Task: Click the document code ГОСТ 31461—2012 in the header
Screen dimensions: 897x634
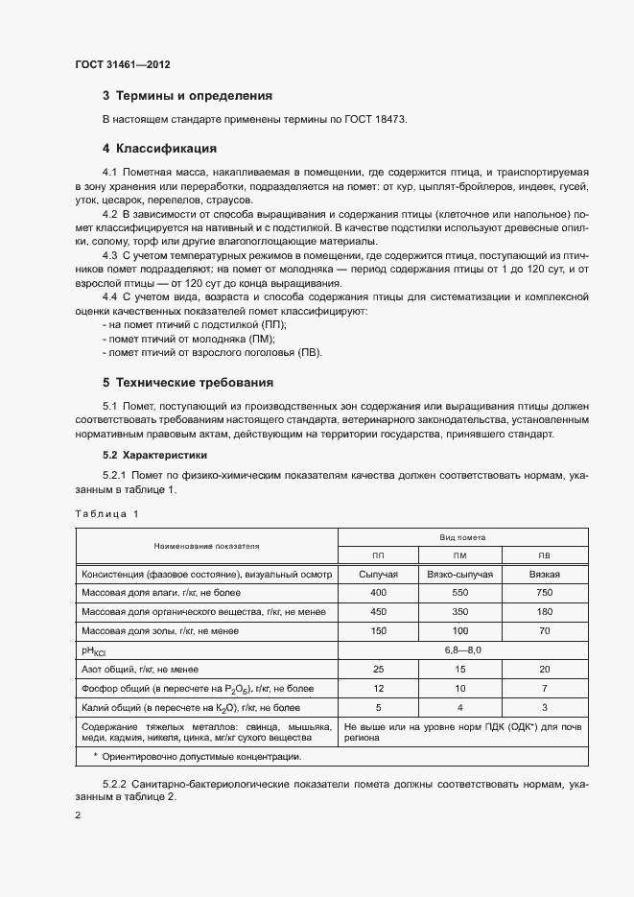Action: [123, 66]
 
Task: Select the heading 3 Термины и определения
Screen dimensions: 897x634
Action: [187, 96]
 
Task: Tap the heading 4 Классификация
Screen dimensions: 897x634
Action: [159, 149]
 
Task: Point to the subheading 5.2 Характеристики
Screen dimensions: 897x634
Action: [153, 454]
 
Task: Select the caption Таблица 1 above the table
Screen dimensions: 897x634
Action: [106, 514]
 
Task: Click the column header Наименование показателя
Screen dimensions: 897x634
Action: [206, 546]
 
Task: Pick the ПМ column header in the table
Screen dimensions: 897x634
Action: [459, 555]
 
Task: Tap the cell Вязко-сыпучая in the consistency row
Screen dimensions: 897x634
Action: [459, 574]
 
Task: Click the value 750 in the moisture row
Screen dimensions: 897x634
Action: [545, 593]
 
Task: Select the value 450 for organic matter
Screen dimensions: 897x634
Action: [378, 612]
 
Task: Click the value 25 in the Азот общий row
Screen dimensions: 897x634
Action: [378, 669]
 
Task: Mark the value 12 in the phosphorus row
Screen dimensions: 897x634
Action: [378, 688]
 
